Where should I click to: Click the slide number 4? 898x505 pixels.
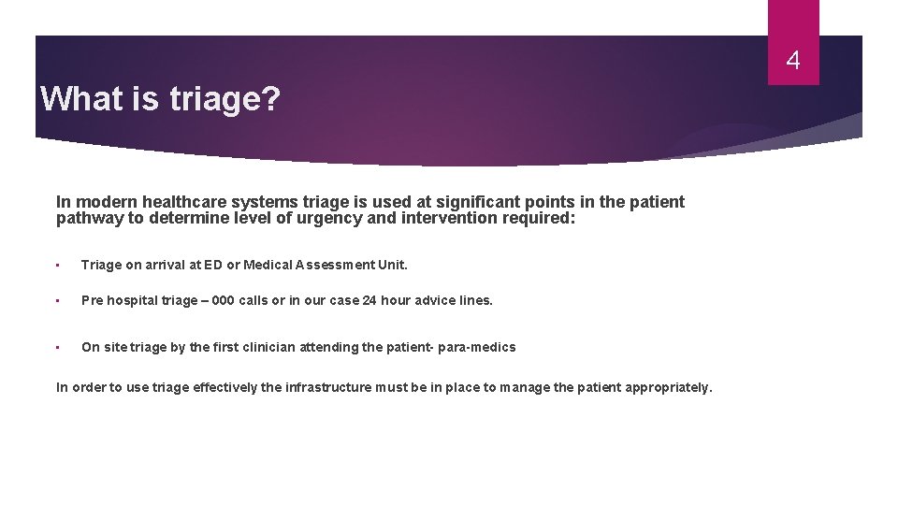point(793,62)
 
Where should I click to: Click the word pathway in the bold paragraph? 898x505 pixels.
point(87,219)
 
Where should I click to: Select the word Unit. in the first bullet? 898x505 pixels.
point(393,265)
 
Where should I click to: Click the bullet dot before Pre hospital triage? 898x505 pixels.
point(58,301)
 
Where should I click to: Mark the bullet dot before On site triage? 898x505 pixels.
point(58,348)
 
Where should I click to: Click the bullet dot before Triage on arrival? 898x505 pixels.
point(58,266)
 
